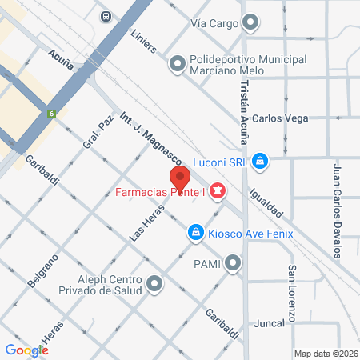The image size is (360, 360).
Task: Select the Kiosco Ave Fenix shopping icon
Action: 194,233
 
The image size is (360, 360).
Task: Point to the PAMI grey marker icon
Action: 233,262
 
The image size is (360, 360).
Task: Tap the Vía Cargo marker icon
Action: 251,23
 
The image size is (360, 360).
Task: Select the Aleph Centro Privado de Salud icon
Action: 154,283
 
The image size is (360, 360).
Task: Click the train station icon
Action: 106,15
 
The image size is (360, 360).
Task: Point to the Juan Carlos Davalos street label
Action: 338,210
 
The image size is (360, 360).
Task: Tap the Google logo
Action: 27,350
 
